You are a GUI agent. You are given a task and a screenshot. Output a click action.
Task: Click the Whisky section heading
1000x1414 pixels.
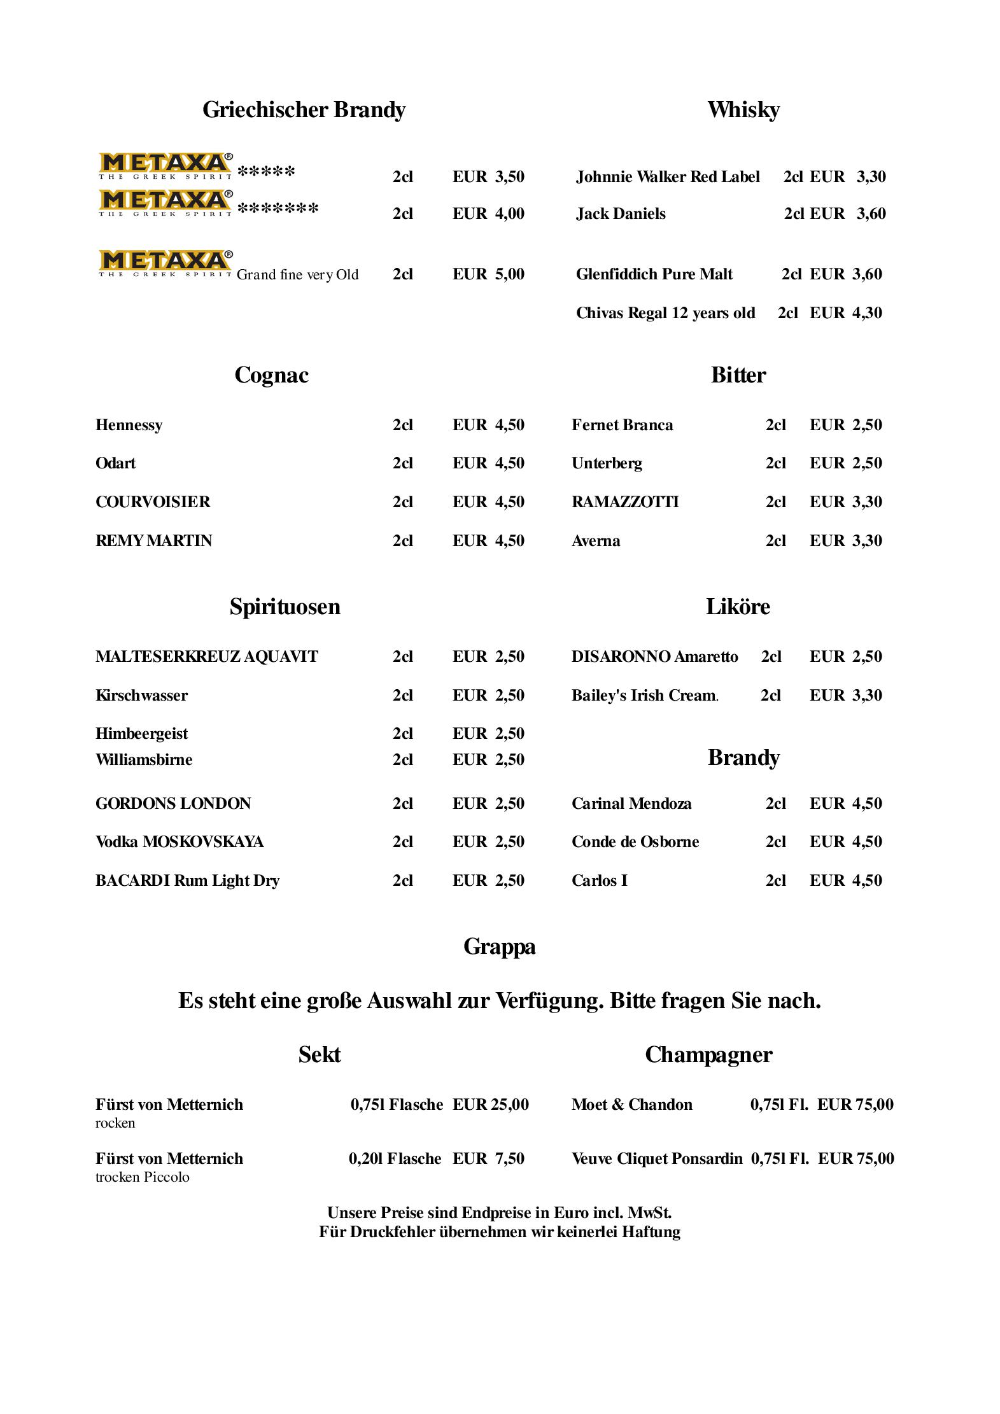[x=743, y=110]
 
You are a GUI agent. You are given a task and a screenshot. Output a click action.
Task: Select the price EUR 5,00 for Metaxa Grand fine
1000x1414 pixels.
[x=488, y=274]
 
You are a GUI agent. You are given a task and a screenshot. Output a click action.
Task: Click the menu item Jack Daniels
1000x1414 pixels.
[x=621, y=214]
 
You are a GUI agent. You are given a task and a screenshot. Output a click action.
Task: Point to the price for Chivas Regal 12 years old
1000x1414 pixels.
[x=845, y=313]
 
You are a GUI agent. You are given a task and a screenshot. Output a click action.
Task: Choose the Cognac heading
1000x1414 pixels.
[x=271, y=375]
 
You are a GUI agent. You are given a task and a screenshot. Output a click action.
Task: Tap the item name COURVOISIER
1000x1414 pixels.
[x=153, y=502]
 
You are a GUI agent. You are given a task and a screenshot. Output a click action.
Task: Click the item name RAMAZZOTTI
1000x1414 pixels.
[x=625, y=502]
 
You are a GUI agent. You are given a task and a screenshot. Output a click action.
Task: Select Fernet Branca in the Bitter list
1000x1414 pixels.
[x=622, y=425]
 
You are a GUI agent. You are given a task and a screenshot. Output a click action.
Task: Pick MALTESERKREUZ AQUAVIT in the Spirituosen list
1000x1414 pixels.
[x=206, y=657]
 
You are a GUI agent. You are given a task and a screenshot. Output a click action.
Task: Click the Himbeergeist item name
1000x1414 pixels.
[x=141, y=734]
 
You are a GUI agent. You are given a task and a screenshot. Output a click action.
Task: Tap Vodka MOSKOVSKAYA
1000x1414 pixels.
[x=180, y=842]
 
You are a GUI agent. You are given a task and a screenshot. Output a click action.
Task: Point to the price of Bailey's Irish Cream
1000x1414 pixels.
[x=845, y=696]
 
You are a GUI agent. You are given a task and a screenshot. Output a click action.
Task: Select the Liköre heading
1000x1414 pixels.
[x=738, y=606]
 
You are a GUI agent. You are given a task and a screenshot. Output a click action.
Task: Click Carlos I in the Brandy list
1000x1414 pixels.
[x=599, y=881]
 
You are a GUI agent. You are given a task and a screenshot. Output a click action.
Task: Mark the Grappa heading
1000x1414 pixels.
[x=499, y=946]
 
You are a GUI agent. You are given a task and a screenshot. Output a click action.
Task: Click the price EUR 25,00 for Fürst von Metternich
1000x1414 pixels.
[x=490, y=1105]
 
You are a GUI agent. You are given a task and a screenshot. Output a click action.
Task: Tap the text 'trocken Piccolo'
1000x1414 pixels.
[x=143, y=1177]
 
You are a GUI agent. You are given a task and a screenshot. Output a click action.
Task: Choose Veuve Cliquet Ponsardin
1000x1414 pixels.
[x=657, y=1159]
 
